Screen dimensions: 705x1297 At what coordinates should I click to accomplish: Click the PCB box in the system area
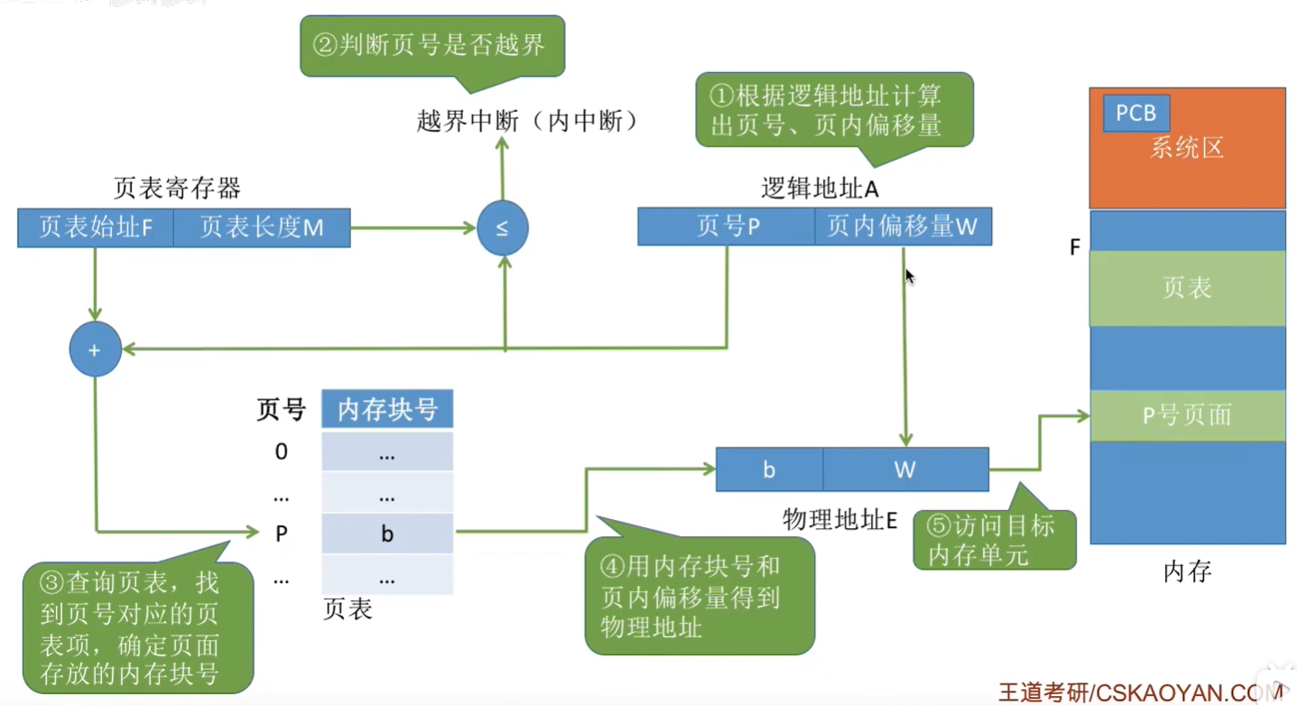(x=1135, y=114)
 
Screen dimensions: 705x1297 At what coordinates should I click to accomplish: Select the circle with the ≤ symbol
(x=503, y=227)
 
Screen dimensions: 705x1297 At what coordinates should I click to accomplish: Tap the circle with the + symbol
(x=95, y=349)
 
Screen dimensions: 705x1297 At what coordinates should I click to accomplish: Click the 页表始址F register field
(x=95, y=227)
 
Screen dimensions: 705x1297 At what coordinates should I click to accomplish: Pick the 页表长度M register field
(x=262, y=227)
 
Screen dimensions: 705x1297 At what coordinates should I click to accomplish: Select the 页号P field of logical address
(x=727, y=227)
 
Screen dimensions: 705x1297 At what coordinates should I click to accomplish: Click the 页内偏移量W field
(x=903, y=227)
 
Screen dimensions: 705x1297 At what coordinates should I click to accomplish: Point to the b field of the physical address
(x=769, y=469)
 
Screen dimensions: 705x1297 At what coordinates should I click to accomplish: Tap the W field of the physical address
(x=905, y=469)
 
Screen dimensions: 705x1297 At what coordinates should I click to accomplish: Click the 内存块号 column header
(x=387, y=410)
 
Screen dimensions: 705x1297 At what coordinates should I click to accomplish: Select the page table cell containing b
(x=387, y=533)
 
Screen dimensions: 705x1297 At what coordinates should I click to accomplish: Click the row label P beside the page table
(x=282, y=533)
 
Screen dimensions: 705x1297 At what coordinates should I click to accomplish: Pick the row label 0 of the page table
(x=282, y=451)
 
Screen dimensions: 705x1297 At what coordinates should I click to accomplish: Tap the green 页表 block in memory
(x=1187, y=288)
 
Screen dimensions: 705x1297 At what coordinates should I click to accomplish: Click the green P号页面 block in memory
(x=1187, y=415)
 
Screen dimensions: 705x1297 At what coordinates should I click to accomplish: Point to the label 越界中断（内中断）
(x=528, y=122)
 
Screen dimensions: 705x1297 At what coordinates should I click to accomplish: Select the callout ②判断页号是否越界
(x=432, y=45)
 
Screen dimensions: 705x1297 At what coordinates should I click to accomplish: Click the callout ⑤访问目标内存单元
(x=995, y=540)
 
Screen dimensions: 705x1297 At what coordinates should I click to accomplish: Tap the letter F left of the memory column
(x=1075, y=247)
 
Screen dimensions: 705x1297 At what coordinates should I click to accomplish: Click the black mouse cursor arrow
(x=909, y=275)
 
